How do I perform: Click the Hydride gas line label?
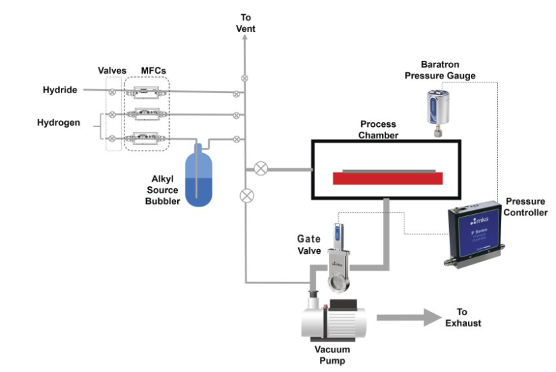[60, 90]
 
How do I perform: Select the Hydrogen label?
[57, 123]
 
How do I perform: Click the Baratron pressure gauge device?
[437, 109]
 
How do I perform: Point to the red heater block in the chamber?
[388, 178]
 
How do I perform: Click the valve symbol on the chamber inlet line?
[259, 168]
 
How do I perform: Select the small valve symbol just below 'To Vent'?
[245, 78]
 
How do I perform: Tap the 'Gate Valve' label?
[308, 244]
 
